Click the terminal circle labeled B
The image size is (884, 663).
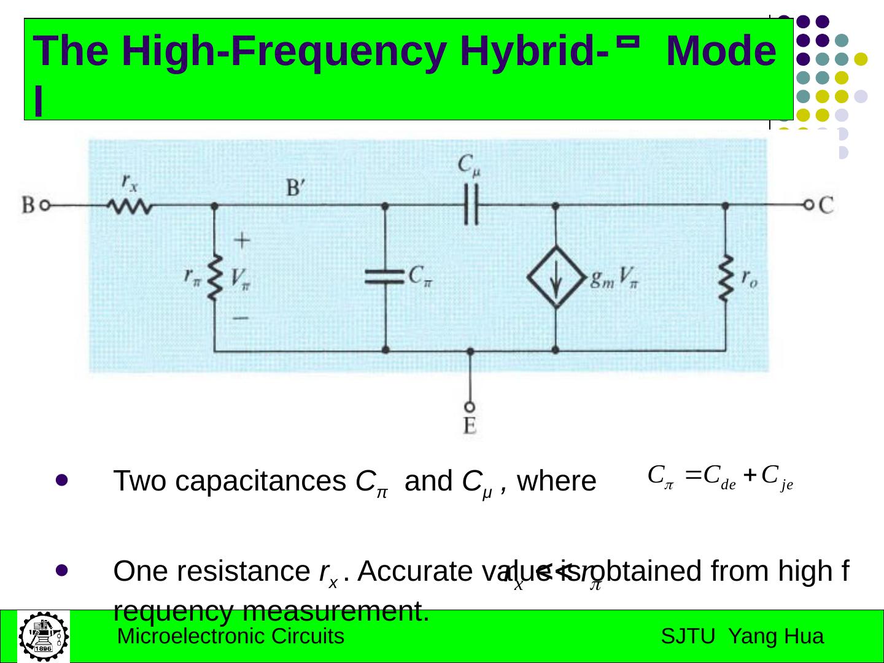[45, 206]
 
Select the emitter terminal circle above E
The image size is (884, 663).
[470, 406]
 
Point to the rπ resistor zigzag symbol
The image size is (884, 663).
[214, 279]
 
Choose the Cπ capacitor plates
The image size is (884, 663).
[385, 277]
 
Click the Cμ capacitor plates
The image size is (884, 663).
[470, 206]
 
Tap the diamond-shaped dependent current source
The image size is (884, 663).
[556, 277]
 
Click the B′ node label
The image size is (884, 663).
[297, 187]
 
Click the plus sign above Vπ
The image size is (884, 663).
[242, 240]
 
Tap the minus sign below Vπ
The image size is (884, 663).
[241, 318]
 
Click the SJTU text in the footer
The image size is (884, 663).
[688, 637]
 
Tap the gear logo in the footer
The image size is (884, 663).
[43, 636]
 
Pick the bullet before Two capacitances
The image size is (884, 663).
[62, 481]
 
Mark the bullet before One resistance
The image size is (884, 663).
[62, 570]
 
